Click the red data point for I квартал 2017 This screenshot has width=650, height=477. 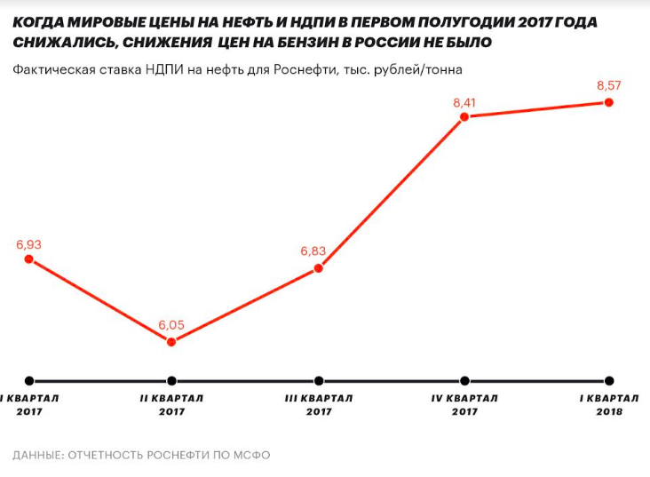pyautogui.click(x=28, y=259)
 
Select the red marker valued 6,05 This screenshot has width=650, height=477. pyautogui.click(x=171, y=342)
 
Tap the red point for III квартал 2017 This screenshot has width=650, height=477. pyautogui.click(x=319, y=268)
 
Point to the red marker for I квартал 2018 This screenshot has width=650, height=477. pyautogui.click(x=609, y=102)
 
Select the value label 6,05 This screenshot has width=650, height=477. pyautogui.click(x=171, y=325)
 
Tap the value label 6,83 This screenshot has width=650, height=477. pyautogui.click(x=314, y=251)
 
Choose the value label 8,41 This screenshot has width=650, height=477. pyautogui.click(x=464, y=103)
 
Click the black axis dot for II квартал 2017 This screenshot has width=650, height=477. pyautogui.click(x=171, y=379)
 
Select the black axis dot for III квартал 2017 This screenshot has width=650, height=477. pyautogui.click(x=319, y=379)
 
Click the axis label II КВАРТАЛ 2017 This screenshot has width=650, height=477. pyautogui.click(x=171, y=405)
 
